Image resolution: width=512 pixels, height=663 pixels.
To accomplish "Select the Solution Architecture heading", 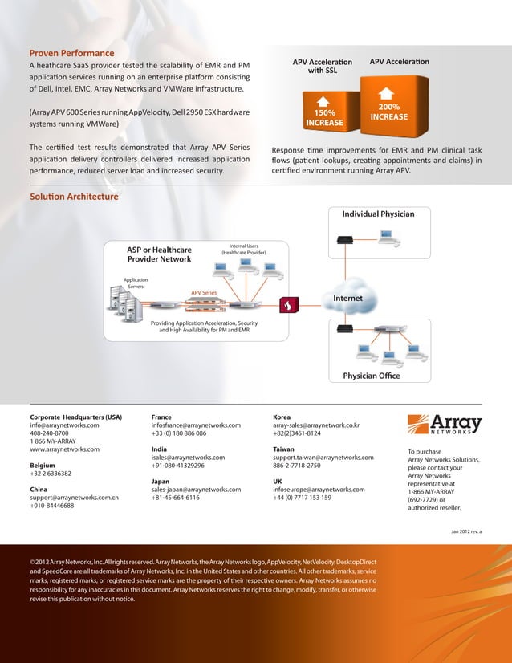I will (x=74, y=197).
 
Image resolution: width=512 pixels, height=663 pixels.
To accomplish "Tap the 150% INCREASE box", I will (x=324, y=114).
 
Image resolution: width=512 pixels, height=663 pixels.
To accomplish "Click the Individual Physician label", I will (x=378, y=214).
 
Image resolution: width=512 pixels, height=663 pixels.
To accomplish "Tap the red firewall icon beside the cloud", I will (x=289, y=305).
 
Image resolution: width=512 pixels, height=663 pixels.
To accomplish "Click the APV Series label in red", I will (x=203, y=293).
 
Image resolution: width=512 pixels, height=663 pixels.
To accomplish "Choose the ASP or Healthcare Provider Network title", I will (x=159, y=254).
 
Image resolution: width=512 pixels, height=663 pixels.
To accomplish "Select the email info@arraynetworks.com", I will (x=64, y=426).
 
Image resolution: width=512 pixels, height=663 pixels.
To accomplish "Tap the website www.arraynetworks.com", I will (x=64, y=449).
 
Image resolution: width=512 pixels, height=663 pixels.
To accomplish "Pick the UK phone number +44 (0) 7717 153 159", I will (x=302, y=497).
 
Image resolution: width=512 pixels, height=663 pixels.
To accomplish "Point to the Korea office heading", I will (x=282, y=417).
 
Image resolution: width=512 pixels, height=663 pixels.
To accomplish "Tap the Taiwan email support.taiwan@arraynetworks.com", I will (x=323, y=458).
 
